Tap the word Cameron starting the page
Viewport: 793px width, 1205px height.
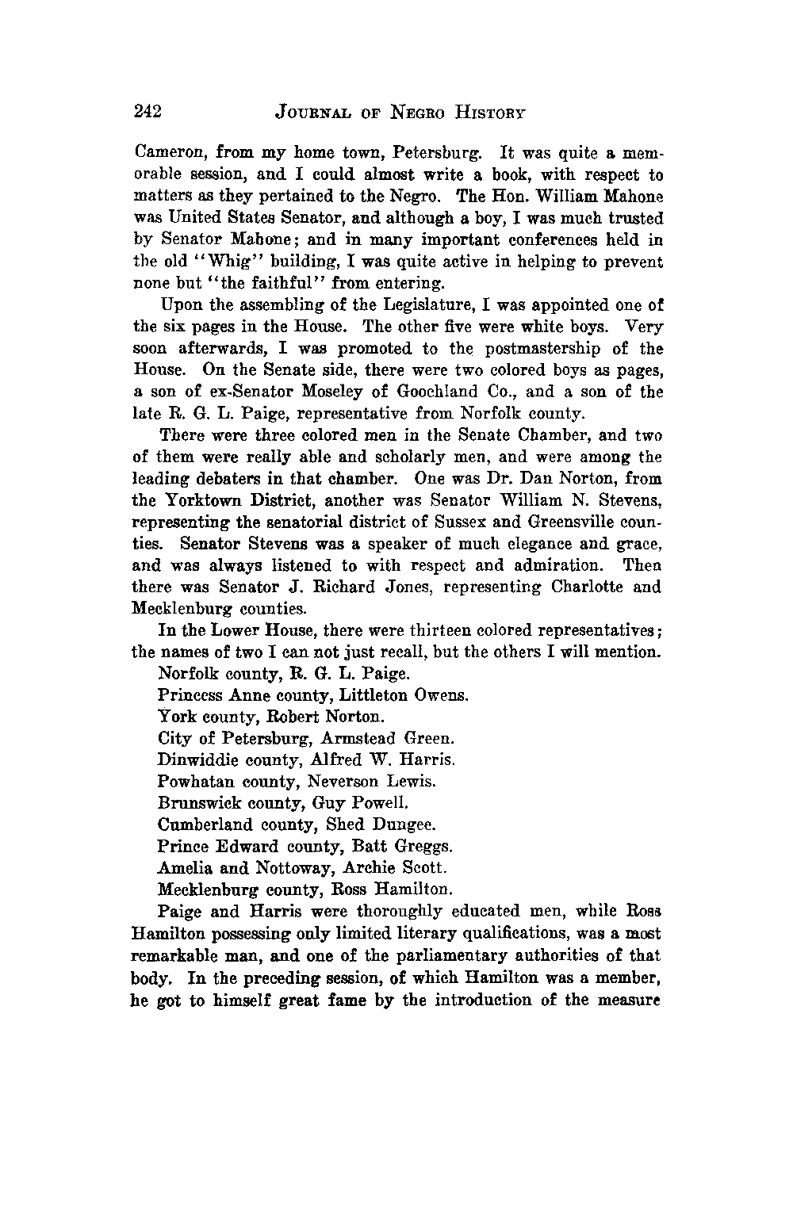tap(164, 154)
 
